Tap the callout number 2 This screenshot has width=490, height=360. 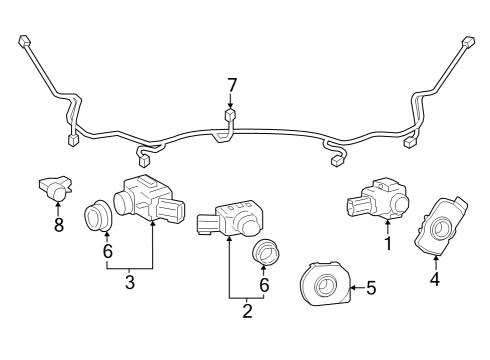[247, 311]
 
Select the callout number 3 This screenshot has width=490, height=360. [130, 282]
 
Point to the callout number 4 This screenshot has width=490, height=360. [435, 279]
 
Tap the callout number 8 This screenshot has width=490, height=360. [58, 225]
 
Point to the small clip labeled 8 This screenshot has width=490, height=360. [56, 186]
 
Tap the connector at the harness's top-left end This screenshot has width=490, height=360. [22, 41]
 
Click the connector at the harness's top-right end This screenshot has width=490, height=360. [468, 44]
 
